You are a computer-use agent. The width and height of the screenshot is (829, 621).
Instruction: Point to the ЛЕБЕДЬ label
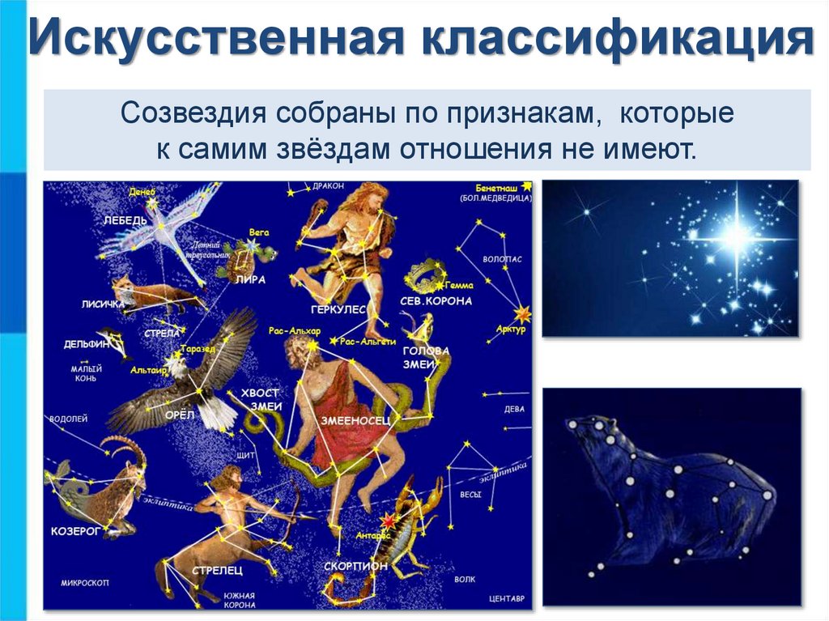[125, 220]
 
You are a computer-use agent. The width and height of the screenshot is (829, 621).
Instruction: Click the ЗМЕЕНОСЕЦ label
[356, 420]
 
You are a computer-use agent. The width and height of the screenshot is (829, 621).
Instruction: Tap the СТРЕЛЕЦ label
[217, 571]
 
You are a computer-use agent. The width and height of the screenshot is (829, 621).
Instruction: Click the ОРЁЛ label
[180, 414]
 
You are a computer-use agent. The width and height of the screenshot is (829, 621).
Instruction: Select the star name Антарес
[373, 535]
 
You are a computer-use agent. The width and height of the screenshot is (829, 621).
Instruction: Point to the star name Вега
[259, 232]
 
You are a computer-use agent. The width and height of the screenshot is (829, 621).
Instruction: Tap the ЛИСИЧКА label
[103, 304]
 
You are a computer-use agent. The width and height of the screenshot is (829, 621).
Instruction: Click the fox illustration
[150, 293]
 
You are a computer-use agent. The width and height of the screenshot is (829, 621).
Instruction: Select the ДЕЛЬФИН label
[87, 344]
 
